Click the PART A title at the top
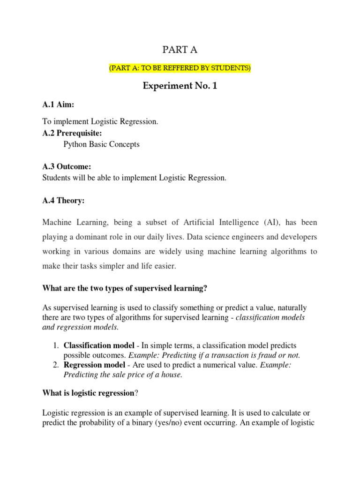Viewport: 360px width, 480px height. [180, 50]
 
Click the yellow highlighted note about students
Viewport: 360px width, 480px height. [180, 68]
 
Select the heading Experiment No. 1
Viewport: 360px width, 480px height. [180, 86]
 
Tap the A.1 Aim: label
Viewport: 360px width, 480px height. [58, 105]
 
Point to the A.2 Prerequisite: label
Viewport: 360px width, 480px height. [72, 133]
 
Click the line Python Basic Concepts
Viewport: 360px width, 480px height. [101, 144]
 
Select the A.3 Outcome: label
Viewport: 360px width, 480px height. [67, 167]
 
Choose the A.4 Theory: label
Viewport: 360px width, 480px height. [63, 201]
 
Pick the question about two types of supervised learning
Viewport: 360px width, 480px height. [125, 289]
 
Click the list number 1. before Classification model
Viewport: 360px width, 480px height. [56, 345]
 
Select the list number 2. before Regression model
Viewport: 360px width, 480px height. [56, 365]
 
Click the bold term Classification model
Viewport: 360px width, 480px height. [94, 345]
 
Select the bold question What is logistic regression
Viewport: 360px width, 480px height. [88, 393]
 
